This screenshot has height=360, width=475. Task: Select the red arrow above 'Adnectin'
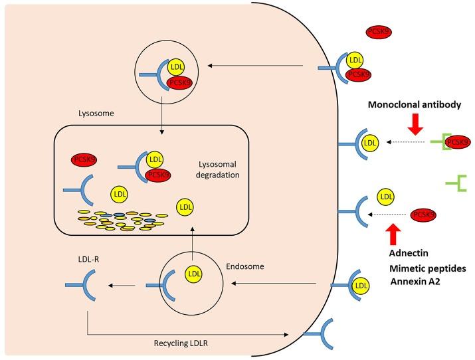pyautogui.click(x=393, y=234)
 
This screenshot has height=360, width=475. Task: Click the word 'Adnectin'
pyautogui.click(x=407, y=253)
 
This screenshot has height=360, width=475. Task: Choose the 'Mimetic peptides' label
pyautogui.click(x=426, y=268)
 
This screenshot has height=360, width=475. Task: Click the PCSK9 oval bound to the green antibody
pyautogui.click(x=457, y=141)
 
